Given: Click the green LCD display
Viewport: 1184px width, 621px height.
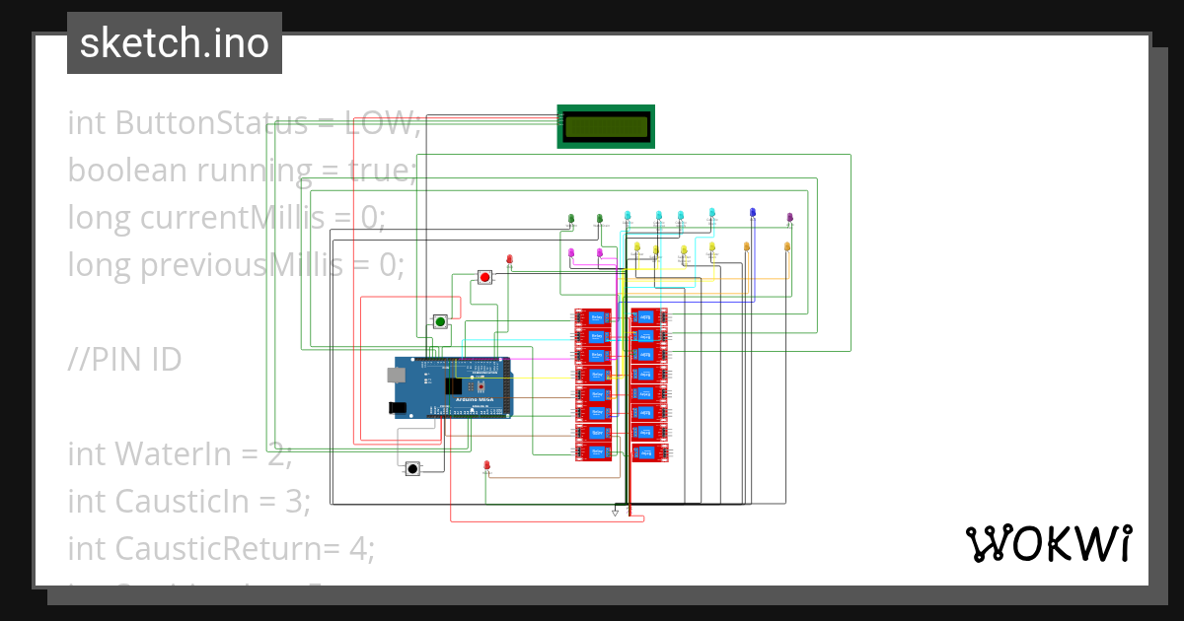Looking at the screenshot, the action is pos(605,126).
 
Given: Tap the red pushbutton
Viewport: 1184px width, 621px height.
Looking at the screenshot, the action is pos(484,277).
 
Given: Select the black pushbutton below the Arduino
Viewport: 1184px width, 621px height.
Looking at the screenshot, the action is pos(412,468).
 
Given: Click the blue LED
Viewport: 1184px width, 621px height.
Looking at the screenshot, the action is pos(753,213).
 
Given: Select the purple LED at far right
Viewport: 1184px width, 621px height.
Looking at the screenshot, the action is pos(789,217).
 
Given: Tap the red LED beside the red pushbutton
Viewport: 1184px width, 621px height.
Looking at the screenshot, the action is pos(510,259).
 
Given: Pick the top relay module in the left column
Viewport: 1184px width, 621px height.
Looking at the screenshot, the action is pos(594,317).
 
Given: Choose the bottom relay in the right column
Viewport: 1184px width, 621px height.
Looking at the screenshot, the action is pos(648,452).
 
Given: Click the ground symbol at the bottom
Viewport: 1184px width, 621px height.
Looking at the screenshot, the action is pos(615,513).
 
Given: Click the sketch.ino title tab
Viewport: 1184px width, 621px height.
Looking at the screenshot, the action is pos(175,43).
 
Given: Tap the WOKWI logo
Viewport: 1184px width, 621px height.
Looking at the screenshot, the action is pos(1047,542).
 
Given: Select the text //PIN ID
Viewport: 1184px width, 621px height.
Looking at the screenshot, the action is pos(124,360).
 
